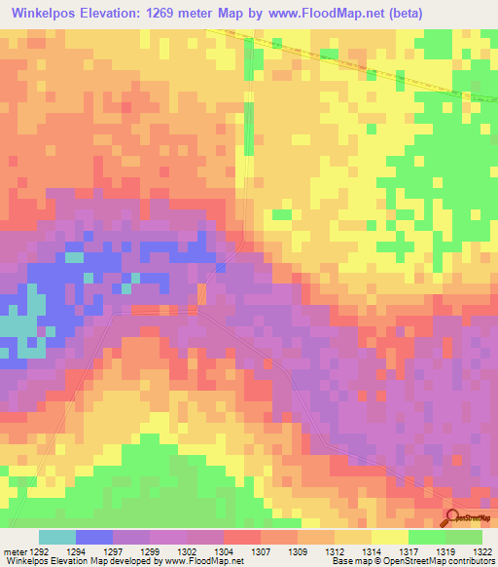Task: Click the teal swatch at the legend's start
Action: tap(56, 538)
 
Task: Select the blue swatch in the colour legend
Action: tap(93, 538)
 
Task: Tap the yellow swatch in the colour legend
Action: tap(389, 538)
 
